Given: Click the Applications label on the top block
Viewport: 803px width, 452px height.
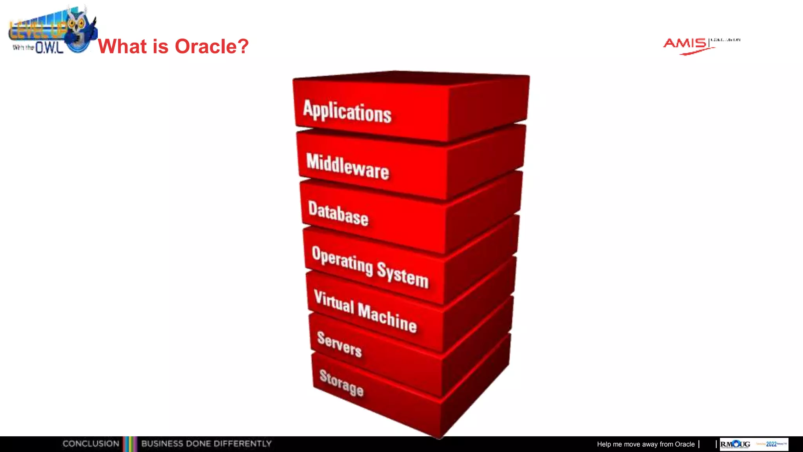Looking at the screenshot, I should pos(347,111).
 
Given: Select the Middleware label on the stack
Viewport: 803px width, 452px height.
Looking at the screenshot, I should pos(347,167).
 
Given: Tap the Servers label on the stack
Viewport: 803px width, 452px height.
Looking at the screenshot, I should pos(339,344).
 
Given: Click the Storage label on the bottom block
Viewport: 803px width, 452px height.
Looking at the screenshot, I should pos(341,383).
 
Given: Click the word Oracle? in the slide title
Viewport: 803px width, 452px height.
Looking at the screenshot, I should pos(212,46).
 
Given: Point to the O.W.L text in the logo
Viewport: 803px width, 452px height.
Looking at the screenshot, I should pos(49,48).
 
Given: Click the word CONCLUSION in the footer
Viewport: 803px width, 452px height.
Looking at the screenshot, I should pos(91,444).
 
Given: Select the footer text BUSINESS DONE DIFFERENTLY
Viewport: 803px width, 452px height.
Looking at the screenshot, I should pos(206,444).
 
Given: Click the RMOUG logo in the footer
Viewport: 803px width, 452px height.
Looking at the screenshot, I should pos(735,444).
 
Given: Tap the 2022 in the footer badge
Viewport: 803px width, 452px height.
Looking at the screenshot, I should pos(771,444).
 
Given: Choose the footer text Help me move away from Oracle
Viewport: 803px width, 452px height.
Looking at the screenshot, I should pos(645,444).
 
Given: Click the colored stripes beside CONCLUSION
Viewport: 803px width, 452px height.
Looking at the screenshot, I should pos(130,444).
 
